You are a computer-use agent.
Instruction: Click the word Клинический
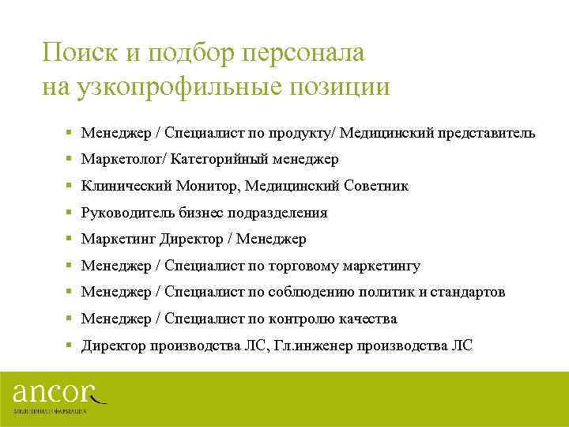click(122, 186)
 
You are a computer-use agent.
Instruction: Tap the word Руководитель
click(127, 213)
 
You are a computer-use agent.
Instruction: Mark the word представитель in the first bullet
click(488, 133)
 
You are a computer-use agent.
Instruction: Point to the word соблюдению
click(308, 293)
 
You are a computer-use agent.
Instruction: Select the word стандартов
click(469, 293)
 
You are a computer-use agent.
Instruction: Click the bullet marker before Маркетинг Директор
click(70, 239)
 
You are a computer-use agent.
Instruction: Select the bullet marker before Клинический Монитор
click(70, 186)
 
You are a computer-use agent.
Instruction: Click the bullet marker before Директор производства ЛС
click(70, 346)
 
